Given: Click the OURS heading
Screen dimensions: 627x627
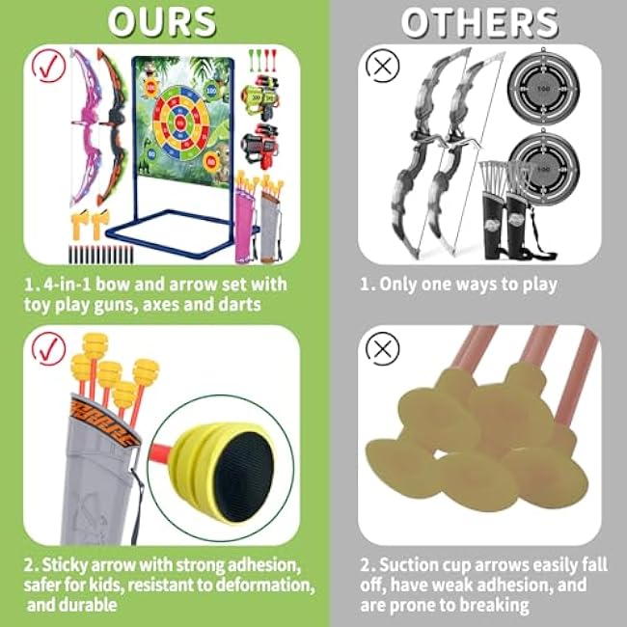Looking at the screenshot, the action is (x=162, y=22).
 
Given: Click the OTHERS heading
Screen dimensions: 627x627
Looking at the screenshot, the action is (x=479, y=23).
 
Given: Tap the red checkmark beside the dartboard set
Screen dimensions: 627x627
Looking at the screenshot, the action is (x=48, y=66).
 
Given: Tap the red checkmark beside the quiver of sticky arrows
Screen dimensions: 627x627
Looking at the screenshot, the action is (x=48, y=348).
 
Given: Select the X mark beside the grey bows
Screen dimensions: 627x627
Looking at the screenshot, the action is (x=383, y=66).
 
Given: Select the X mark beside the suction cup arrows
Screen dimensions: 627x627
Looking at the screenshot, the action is (x=383, y=348).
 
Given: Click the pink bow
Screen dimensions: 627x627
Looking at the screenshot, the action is (x=86, y=127).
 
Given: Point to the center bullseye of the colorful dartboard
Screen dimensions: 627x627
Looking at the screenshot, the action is (x=180, y=122).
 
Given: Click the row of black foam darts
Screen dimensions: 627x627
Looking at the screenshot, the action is (x=100, y=255).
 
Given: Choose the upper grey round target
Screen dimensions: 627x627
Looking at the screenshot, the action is (x=543, y=89).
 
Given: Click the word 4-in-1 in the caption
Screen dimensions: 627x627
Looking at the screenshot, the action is (x=67, y=285).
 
